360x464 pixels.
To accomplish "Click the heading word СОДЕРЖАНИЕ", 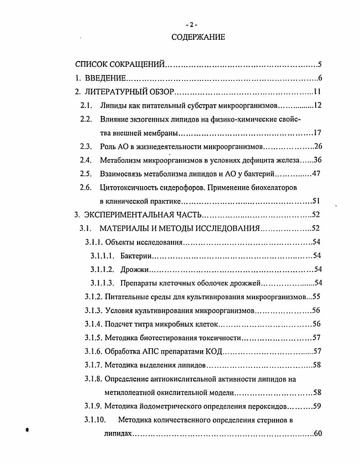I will (198, 37).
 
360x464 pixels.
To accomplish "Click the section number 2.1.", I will (86, 106).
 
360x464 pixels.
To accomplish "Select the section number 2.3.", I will (86, 147).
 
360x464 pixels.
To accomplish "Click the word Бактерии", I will (136, 256).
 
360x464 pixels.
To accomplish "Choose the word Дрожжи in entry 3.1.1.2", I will (135, 270).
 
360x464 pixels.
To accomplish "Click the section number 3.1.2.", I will (94, 297).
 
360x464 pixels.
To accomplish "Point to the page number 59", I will (317, 406).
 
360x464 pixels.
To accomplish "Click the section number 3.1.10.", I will (95, 420).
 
